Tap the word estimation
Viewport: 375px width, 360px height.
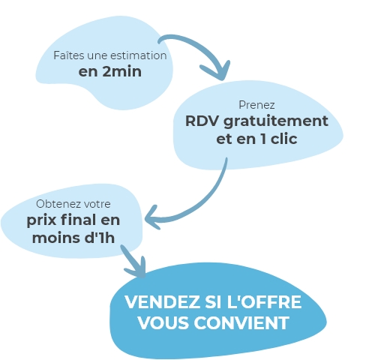141,55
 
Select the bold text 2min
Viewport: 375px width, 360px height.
122,71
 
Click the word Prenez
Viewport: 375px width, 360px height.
256,105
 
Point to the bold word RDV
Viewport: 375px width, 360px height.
202,121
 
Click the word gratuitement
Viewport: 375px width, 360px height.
276,122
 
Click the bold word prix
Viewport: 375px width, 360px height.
41,220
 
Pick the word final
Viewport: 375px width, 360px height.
78,220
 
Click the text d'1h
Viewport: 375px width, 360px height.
100,238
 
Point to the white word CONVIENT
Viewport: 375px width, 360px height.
241,322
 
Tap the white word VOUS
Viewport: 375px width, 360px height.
163,322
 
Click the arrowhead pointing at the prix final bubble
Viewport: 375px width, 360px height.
152,217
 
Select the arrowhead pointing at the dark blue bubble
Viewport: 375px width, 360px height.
138,269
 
